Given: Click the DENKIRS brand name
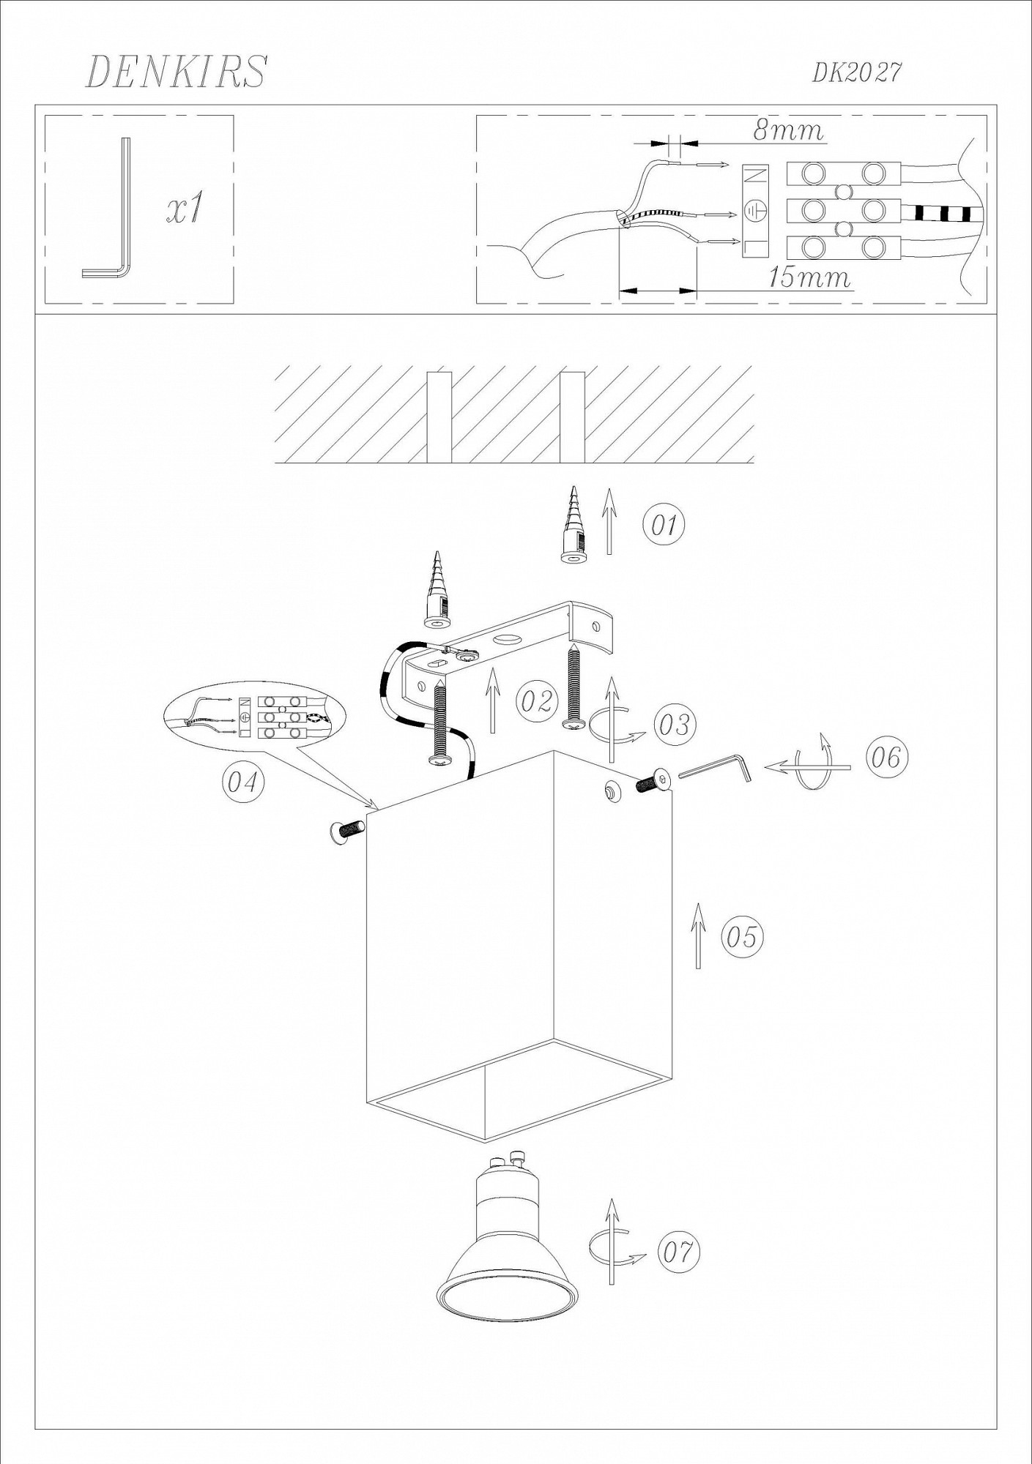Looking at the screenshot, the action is click(177, 72).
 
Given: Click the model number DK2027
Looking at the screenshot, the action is click(856, 72).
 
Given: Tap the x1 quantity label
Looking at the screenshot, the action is click(184, 209).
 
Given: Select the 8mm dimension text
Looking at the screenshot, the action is click(788, 131).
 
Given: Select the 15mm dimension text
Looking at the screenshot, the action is click(809, 277).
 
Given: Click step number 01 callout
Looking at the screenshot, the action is click(664, 525).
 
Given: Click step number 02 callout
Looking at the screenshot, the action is click(537, 701).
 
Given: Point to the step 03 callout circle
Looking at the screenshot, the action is click(675, 725).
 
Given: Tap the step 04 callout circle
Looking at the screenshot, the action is click(242, 782).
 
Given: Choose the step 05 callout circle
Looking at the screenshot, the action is click(742, 937).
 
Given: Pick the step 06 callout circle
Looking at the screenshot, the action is click(886, 757).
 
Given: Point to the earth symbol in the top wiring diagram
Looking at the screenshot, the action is click(755, 211).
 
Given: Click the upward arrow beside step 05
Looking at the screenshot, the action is click(698, 935).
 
